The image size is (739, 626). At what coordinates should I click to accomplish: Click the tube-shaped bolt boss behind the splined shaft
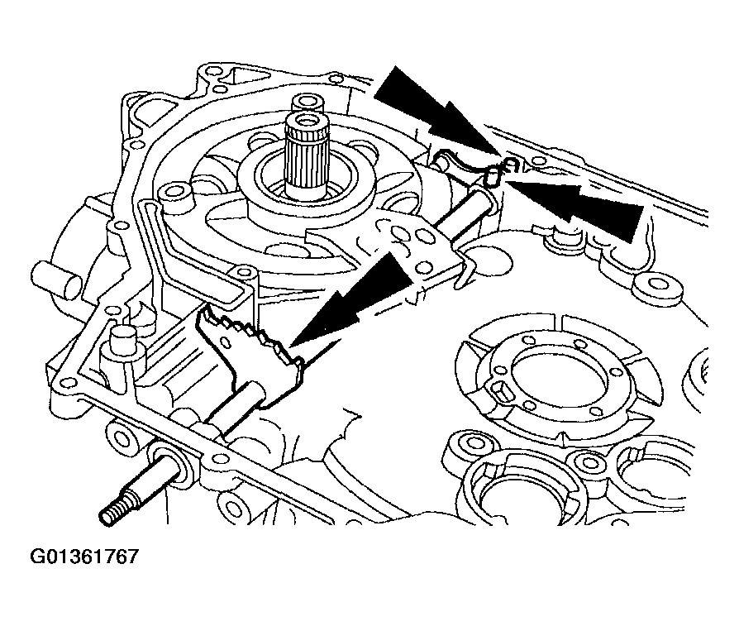point(308,102)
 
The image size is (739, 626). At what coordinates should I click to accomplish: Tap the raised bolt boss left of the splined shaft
point(174,193)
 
